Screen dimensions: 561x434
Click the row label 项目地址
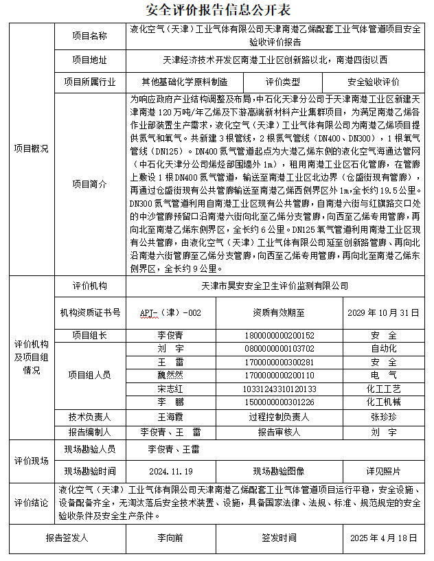tap(90, 60)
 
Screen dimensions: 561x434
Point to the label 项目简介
tap(90, 184)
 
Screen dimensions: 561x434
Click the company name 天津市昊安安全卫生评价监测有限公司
tap(274, 286)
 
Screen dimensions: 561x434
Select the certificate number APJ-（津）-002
tap(171, 312)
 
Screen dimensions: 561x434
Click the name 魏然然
tap(170, 375)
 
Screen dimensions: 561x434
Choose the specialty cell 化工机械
tap(382, 401)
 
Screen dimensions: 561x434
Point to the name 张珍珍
tap(382, 417)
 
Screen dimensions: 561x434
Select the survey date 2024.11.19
tap(170, 471)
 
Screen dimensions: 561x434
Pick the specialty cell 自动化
tap(382, 349)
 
